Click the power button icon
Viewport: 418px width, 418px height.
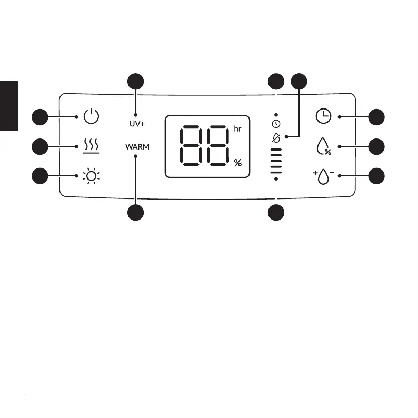click(91, 116)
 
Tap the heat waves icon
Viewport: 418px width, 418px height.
click(91, 146)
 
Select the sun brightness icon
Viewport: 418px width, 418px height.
click(91, 175)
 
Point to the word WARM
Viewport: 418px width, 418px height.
click(137, 147)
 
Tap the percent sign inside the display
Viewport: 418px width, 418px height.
click(238, 163)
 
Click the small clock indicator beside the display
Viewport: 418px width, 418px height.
click(275, 124)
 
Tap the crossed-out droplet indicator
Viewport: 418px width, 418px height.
click(275, 137)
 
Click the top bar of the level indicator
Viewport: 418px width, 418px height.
click(275, 150)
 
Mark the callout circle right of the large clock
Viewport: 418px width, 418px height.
click(376, 116)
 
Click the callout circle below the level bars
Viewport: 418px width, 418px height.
click(275, 212)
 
